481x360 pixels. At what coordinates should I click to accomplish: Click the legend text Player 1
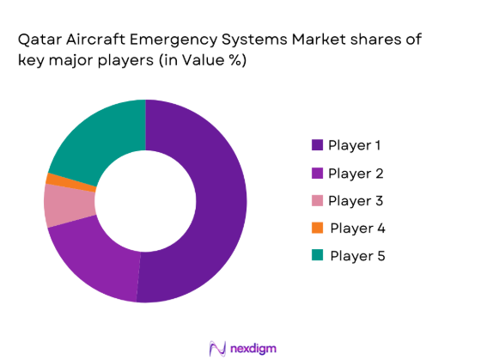click(355, 146)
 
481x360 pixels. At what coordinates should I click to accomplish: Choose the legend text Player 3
click(355, 201)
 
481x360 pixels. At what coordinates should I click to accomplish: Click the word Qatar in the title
click(33, 40)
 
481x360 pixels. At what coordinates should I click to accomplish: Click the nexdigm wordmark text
click(254, 347)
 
